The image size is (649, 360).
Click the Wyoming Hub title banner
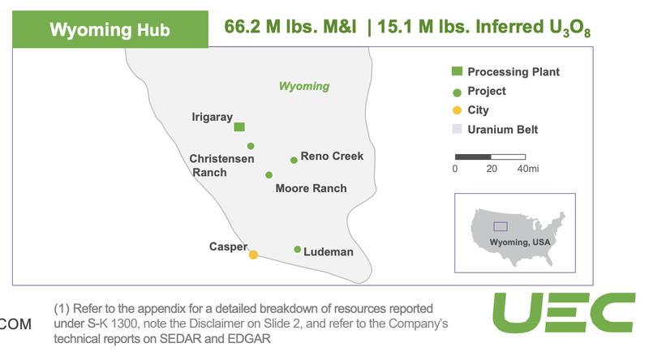[110, 29]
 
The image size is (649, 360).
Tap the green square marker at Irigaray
[239, 126]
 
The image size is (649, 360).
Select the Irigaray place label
[212, 117]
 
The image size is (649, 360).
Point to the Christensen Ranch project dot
[251, 146]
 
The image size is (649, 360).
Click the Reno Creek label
[332, 156]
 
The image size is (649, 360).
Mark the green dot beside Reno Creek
[294, 161]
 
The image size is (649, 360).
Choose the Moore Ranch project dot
[269, 175]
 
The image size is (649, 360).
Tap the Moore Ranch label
[312, 188]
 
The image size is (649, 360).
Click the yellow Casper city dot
[253, 255]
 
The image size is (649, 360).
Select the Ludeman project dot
[297, 249]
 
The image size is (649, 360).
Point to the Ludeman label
[329, 252]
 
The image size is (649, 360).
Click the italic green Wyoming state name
[304, 86]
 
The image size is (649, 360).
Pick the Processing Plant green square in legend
[457, 71]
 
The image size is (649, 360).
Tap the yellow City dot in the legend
[457, 110]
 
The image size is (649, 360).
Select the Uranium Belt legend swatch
[457, 129]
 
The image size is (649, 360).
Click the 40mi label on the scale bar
[528, 169]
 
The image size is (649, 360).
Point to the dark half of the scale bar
[473, 156]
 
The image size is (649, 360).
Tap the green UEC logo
[564, 312]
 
